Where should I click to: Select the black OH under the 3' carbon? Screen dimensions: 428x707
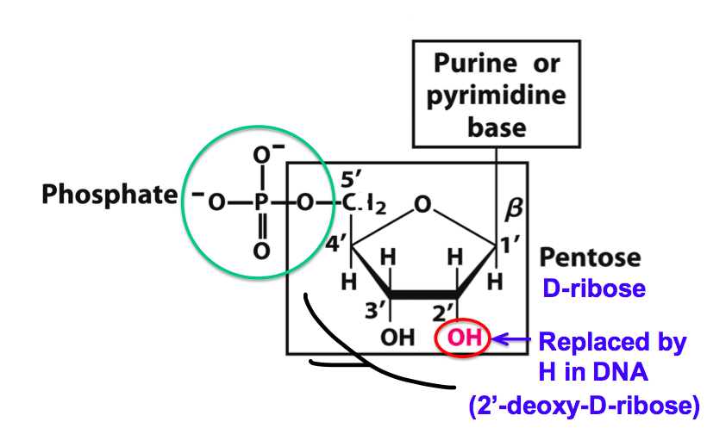coord(397,338)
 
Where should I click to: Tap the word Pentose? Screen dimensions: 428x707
coord(591,257)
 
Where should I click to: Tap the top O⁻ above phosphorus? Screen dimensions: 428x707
coord(264,156)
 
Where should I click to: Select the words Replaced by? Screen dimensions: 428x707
coord(612,342)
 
